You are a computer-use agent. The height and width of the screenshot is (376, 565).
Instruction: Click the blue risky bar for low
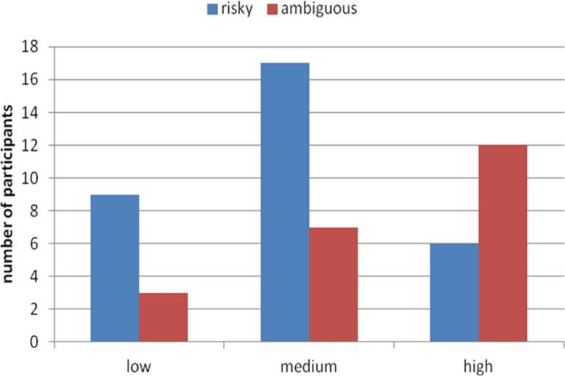pos(114,268)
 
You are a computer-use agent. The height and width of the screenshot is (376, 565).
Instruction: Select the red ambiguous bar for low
pos(163,317)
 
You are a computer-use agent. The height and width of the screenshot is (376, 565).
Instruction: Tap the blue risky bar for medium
pos(284,202)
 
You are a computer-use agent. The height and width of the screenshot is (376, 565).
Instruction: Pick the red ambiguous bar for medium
pos(332,284)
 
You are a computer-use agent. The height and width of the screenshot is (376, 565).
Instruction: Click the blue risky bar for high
pos(453,292)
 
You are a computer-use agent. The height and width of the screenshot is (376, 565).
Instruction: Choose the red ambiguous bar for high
pos(502,243)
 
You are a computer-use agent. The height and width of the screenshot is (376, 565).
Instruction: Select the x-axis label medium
pos(308,364)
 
